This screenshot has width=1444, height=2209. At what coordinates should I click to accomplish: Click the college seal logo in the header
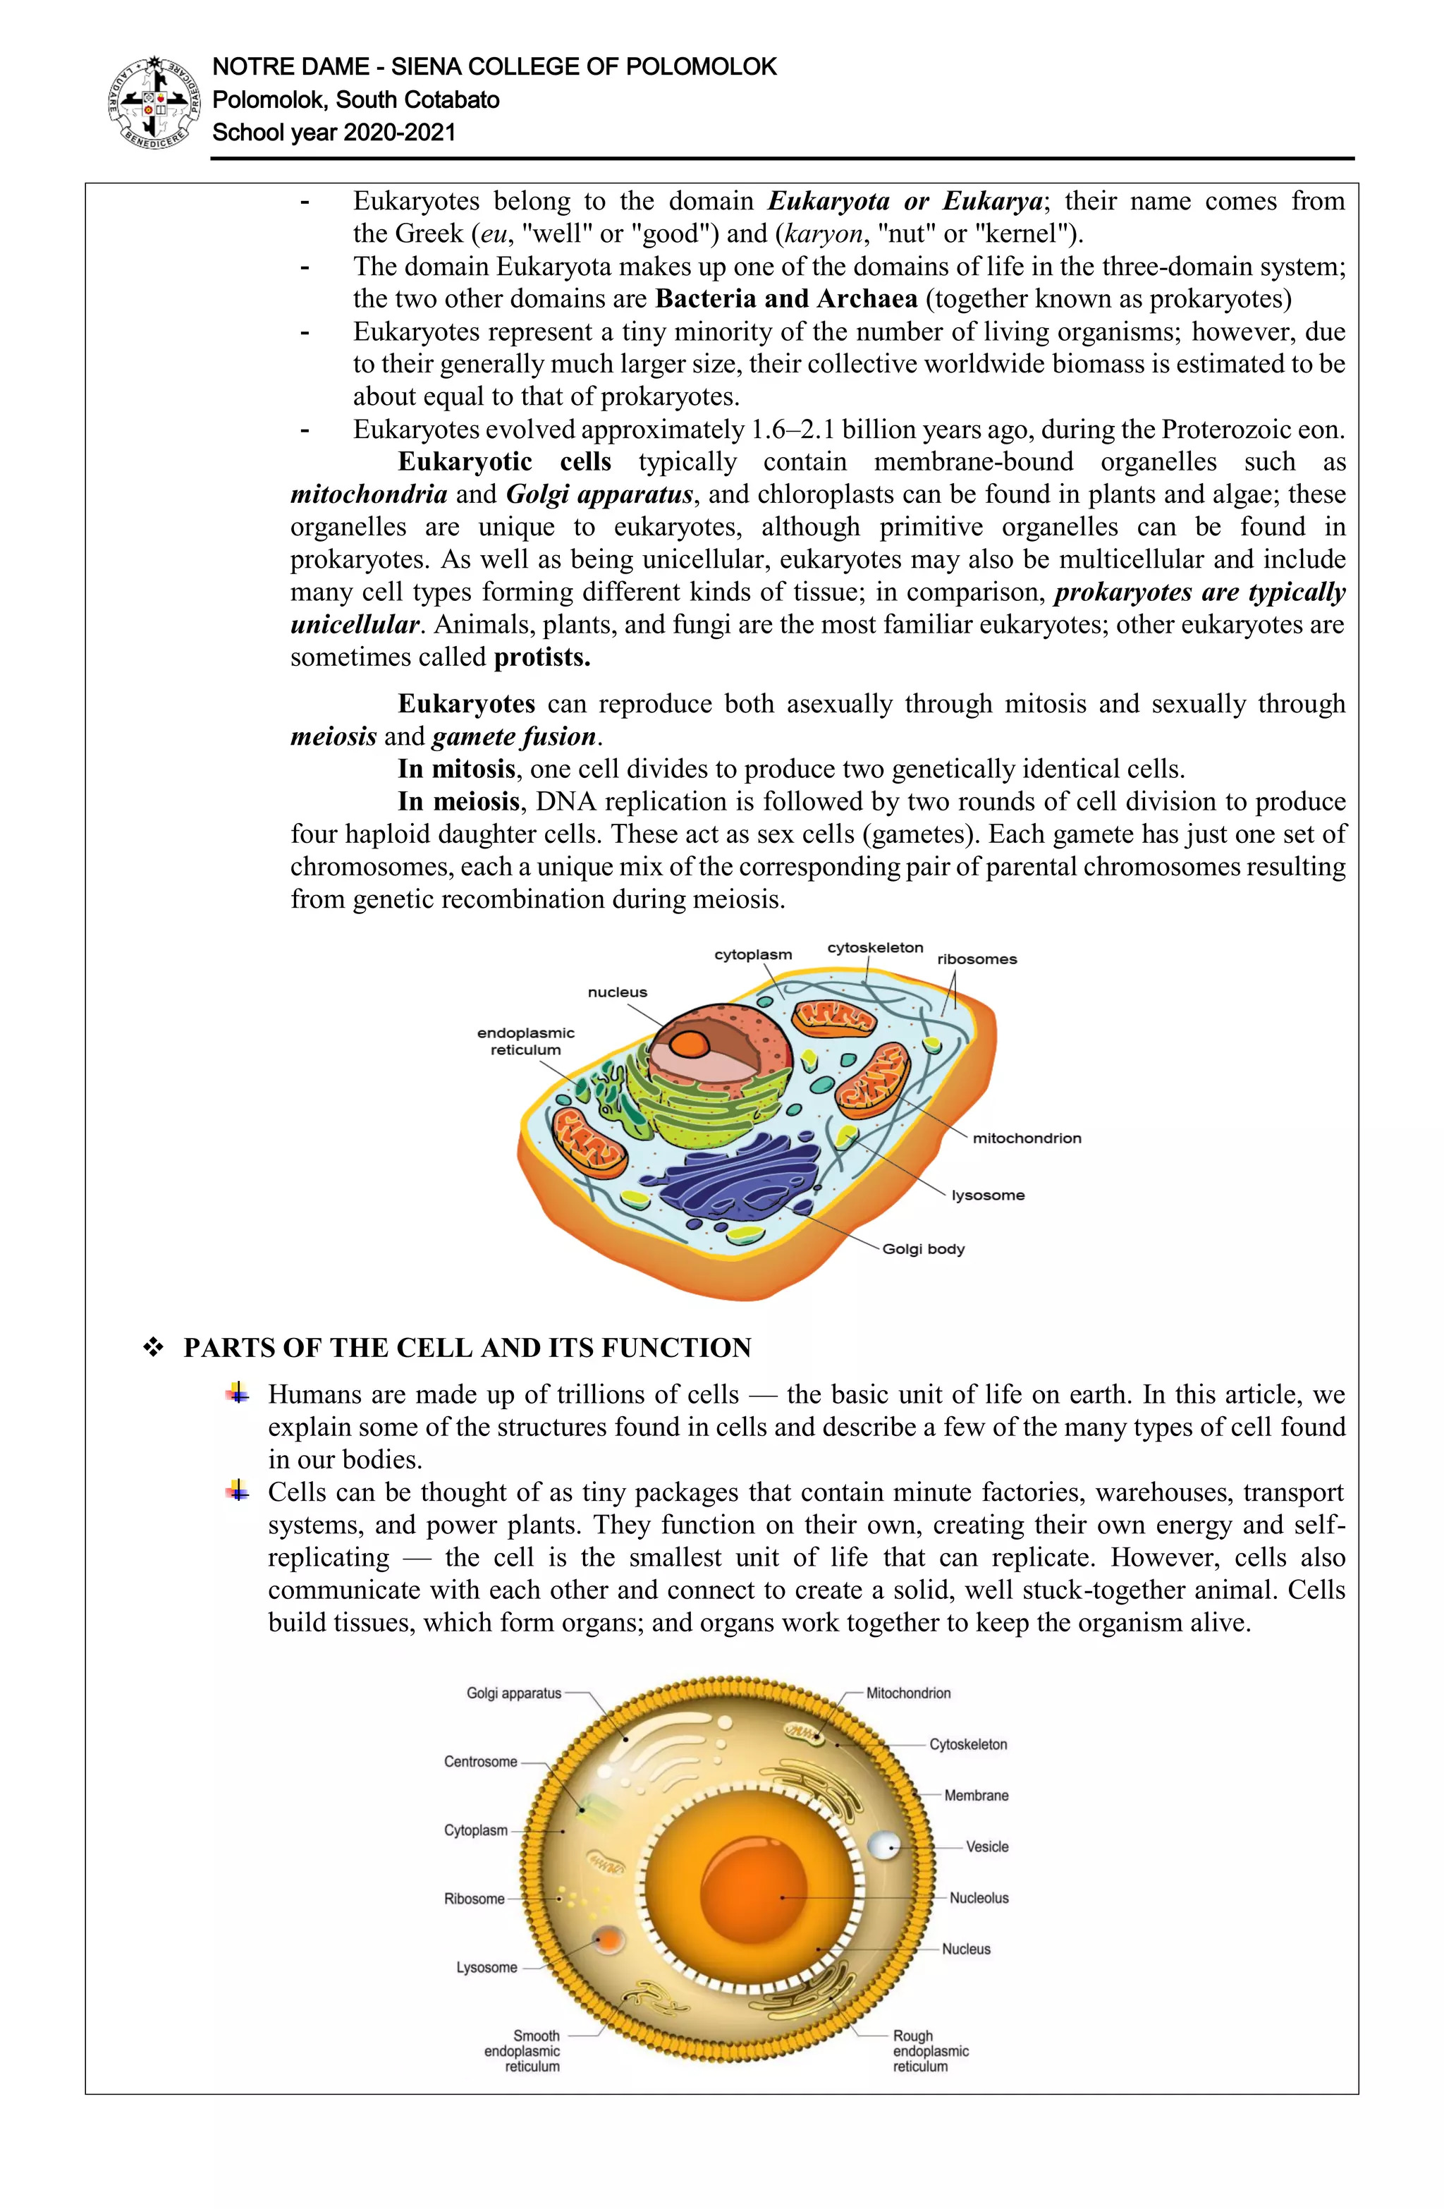click(154, 103)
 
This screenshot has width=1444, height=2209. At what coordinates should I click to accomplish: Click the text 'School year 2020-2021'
click(334, 133)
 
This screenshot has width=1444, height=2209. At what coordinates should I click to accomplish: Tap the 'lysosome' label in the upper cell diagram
click(987, 1195)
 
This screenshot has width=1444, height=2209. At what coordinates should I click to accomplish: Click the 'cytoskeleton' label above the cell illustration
click(875, 948)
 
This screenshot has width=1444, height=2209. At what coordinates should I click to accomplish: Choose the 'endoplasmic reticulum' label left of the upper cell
click(525, 1042)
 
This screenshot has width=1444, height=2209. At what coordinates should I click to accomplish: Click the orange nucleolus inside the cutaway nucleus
click(690, 1044)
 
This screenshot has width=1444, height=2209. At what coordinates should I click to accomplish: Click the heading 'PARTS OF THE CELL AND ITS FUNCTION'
click(467, 1348)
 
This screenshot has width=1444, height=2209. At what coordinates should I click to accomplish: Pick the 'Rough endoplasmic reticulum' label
click(930, 2051)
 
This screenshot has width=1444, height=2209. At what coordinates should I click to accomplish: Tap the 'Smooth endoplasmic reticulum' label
click(523, 2051)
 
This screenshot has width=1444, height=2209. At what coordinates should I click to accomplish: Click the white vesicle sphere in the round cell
click(883, 1845)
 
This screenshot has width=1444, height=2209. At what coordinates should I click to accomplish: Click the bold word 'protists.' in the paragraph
click(542, 658)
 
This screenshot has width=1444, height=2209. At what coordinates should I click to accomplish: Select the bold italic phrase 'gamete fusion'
click(513, 737)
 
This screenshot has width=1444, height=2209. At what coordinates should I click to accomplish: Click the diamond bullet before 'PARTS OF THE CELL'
click(153, 1349)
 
